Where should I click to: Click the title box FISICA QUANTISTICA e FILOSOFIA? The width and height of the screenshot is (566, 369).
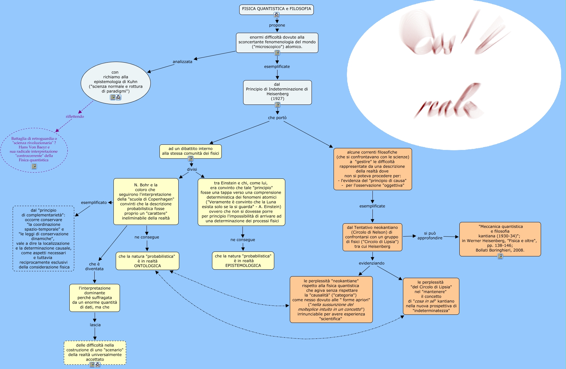click(276, 9)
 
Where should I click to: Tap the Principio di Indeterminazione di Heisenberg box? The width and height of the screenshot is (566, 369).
click(277, 91)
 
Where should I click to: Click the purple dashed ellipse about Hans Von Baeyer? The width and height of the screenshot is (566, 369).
click(34, 149)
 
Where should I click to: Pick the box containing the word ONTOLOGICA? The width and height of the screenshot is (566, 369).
click(147, 261)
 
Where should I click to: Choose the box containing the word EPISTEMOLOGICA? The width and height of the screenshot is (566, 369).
click(243, 261)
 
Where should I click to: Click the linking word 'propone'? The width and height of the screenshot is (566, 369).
click(277, 25)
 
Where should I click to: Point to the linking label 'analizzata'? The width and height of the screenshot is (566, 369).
click(182, 62)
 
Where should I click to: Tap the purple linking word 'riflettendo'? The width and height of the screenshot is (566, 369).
click(75, 117)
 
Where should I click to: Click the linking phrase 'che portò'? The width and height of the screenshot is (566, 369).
click(277, 118)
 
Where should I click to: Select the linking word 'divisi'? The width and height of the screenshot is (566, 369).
click(192, 169)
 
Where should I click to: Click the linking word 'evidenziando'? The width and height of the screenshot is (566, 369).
click(371, 263)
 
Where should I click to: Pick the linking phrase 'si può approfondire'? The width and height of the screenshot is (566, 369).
click(430, 236)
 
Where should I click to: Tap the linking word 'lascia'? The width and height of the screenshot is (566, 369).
click(95, 325)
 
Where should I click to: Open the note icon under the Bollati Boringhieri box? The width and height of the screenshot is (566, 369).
click(500, 256)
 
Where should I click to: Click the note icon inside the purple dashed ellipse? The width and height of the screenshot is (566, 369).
click(34, 166)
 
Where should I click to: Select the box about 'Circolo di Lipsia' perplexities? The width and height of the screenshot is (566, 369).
click(431, 296)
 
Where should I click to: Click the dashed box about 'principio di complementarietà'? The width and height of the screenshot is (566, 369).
click(44, 239)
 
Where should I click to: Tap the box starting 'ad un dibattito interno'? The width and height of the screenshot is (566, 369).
click(190, 151)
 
